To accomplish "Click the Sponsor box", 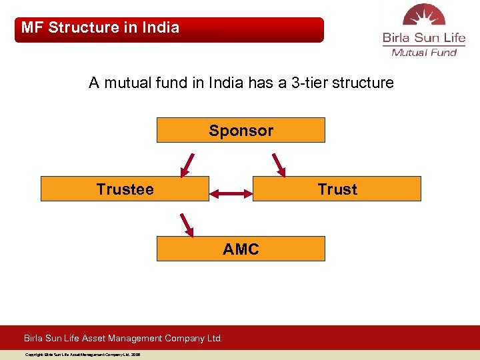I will [x=241, y=130].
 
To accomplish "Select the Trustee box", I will [x=125, y=189].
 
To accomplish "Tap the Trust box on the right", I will [x=337, y=189].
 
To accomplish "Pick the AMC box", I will [x=241, y=249].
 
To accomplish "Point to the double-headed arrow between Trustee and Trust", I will [x=231, y=194].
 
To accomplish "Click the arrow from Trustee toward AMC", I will [x=187, y=225].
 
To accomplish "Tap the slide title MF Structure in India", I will [x=100, y=28].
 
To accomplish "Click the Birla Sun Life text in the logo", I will [x=424, y=39].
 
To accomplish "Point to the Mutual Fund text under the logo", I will [x=424, y=53].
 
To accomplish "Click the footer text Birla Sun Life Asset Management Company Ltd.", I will [x=123, y=338].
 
